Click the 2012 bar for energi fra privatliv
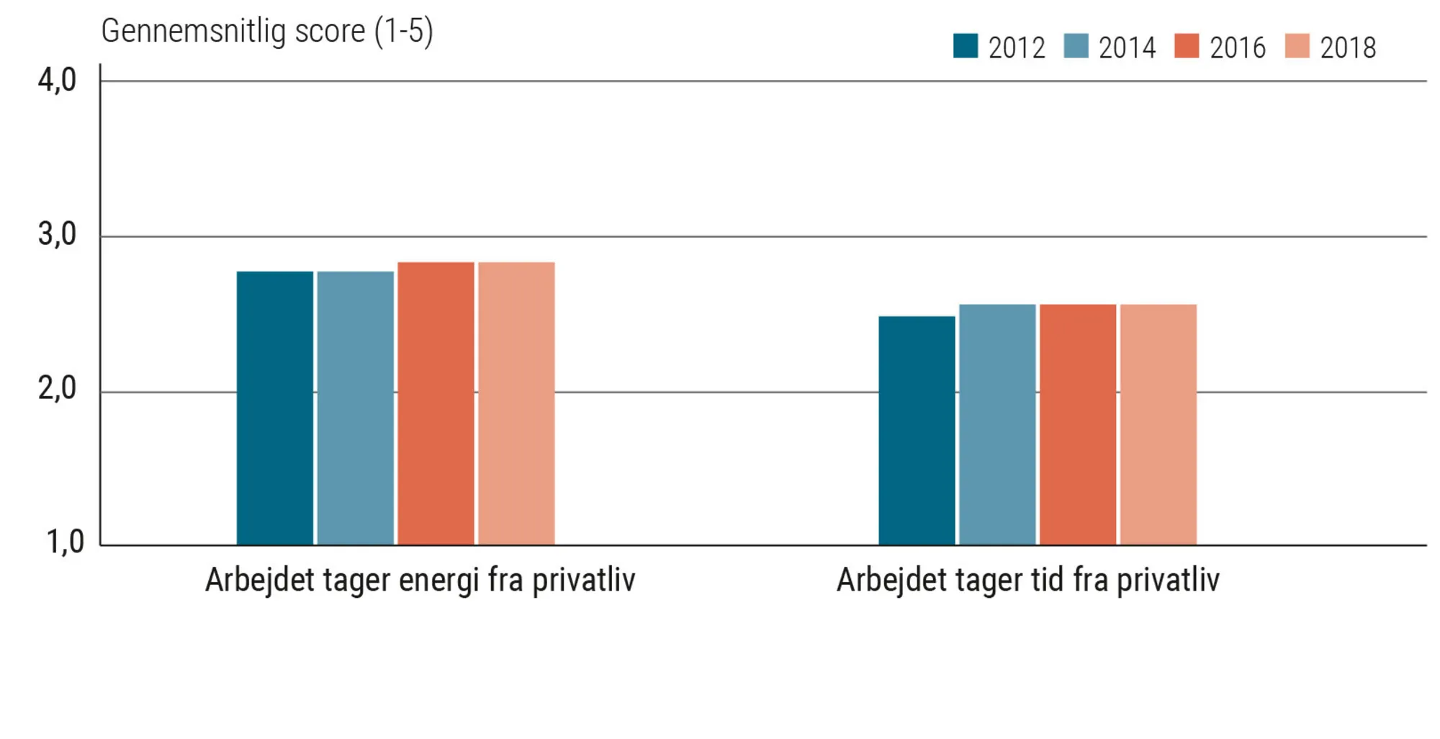click(x=274, y=408)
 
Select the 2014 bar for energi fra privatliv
click(x=355, y=408)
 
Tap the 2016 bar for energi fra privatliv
click(x=436, y=403)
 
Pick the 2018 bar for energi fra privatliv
click(x=516, y=403)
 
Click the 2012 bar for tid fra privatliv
click(x=917, y=430)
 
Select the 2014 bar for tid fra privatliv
click(x=997, y=424)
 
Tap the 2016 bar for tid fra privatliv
click(x=1078, y=424)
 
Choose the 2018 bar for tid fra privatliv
click(x=1158, y=424)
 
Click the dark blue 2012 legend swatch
click(x=966, y=46)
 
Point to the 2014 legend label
click(x=1127, y=48)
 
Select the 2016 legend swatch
click(x=1187, y=46)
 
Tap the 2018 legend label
click(x=1348, y=48)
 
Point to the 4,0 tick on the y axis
click(x=57, y=80)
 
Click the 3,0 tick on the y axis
click(x=57, y=235)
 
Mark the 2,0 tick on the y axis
click(x=57, y=389)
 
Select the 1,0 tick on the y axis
click(x=64, y=542)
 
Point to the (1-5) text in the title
click(x=403, y=32)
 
